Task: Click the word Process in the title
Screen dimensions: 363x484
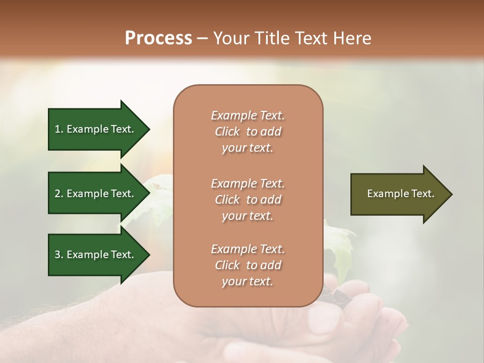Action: [x=158, y=38]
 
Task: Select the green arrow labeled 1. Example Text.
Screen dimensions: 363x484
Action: [x=96, y=129]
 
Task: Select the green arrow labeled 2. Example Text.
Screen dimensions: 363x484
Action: [x=96, y=194]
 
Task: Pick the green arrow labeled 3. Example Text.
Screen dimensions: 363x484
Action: [x=96, y=255]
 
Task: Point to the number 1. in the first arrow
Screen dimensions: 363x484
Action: [x=59, y=130]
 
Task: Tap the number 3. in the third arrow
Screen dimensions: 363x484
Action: [x=59, y=255]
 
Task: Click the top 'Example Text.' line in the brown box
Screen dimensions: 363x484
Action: [x=248, y=115]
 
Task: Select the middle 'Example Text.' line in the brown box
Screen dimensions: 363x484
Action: [x=248, y=184]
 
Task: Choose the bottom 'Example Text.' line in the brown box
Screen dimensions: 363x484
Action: [x=248, y=249]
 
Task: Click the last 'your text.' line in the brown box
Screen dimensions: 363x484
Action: [x=248, y=282]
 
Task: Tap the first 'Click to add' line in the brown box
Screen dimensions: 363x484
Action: [x=248, y=132]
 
